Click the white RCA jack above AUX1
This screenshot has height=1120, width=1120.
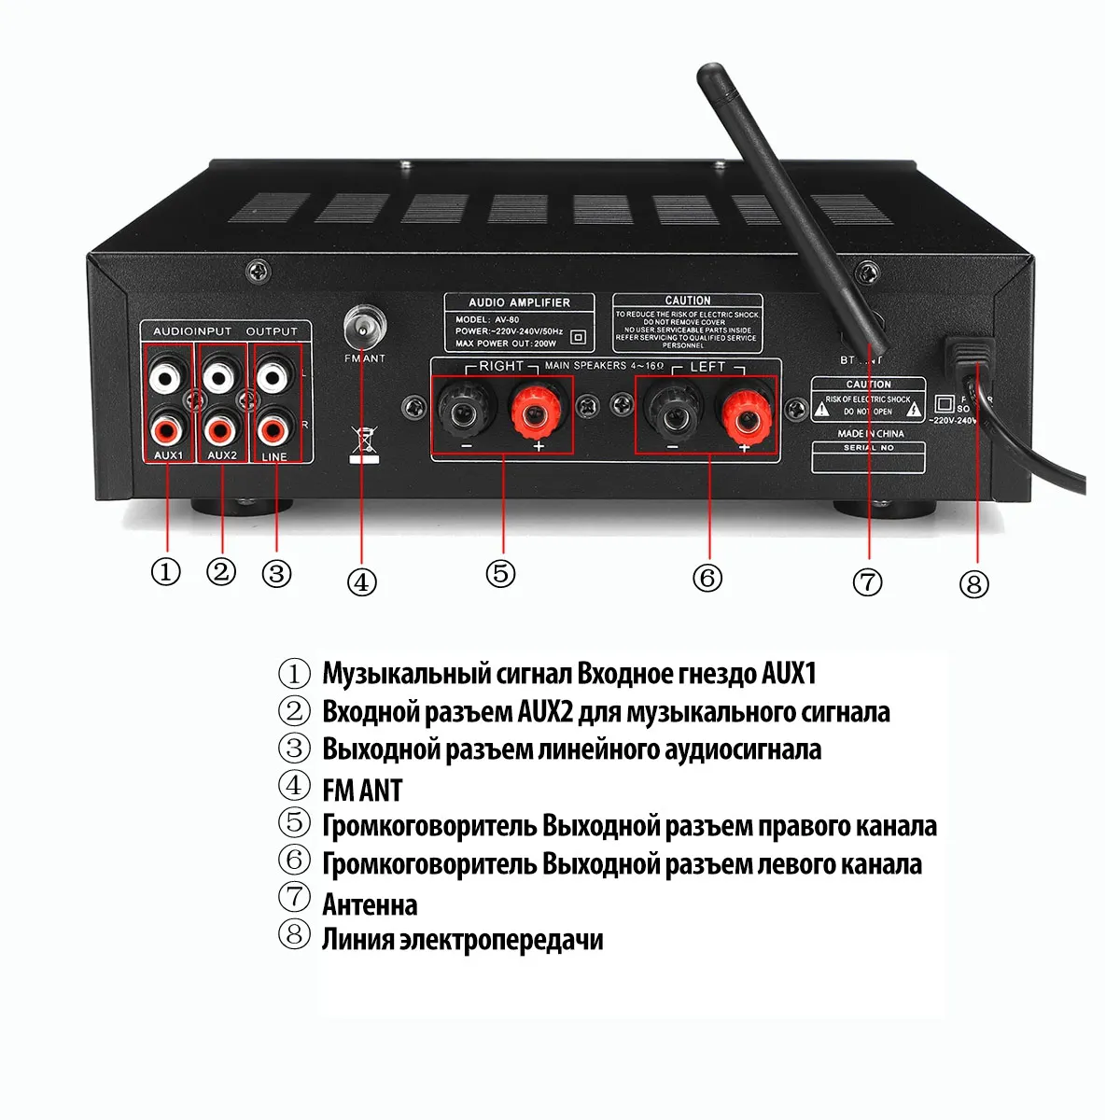[x=167, y=378]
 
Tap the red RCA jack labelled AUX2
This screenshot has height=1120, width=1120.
[x=220, y=430]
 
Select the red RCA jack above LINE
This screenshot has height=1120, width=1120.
[x=273, y=430]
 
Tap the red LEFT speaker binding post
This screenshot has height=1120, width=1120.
[x=744, y=414]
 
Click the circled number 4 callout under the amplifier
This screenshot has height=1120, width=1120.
[x=361, y=582]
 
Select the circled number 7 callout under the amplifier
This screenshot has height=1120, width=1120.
[x=867, y=582]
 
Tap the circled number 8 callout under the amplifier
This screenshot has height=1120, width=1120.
[x=973, y=585]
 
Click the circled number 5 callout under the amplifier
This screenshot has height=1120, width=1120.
[x=501, y=573]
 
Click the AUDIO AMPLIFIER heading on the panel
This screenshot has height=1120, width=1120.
[x=519, y=302]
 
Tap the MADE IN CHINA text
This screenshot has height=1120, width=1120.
[x=870, y=434]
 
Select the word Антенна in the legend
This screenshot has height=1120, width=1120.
[x=370, y=904]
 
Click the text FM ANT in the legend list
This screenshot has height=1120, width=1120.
[x=362, y=791]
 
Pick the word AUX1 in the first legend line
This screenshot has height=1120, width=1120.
[x=790, y=674]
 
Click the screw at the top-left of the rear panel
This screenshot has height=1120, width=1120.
[x=256, y=272]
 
